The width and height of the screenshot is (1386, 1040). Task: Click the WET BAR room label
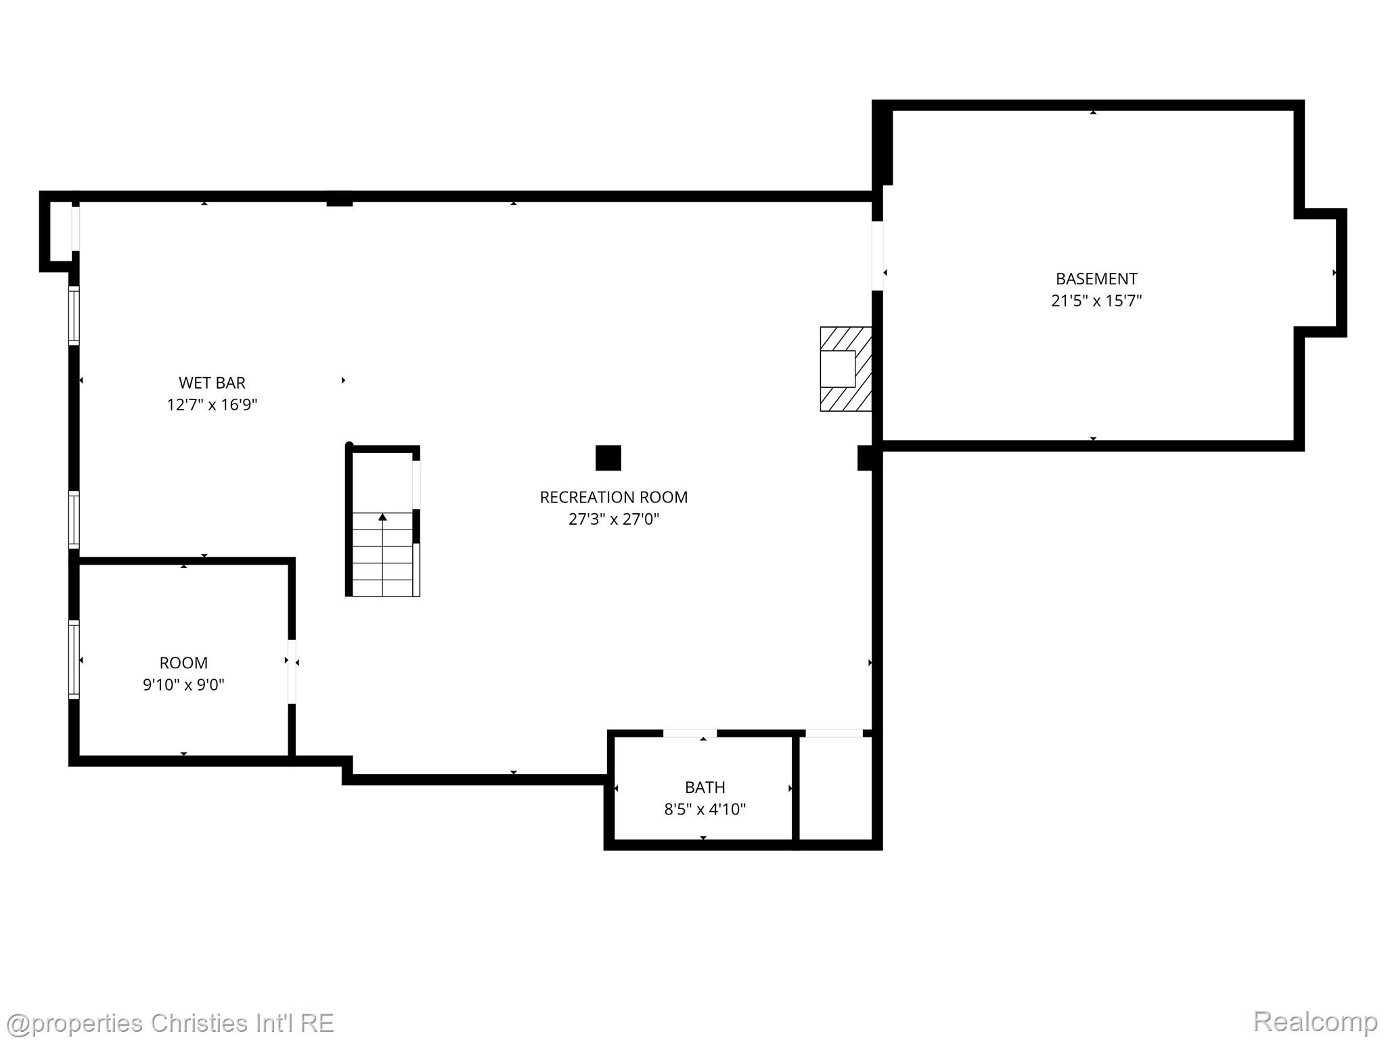(x=212, y=383)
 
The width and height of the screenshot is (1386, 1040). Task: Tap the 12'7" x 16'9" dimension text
(x=212, y=405)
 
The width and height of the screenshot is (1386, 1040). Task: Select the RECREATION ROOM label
(x=613, y=497)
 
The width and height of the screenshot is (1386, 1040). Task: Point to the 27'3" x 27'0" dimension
(x=613, y=519)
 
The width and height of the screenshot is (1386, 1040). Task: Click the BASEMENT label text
(x=1096, y=278)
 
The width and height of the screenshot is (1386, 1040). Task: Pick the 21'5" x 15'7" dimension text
(x=1096, y=301)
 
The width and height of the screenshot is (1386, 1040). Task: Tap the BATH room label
(x=705, y=787)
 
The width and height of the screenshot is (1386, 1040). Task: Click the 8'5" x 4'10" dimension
(x=705, y=809)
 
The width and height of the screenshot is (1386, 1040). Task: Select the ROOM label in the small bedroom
(x=183, y=663)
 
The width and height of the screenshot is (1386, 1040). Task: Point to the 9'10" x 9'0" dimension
(x=183, y=685)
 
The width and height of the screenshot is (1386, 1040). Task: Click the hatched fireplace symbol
(x=845, y=369)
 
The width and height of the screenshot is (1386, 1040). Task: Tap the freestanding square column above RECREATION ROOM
(x=608, y=458)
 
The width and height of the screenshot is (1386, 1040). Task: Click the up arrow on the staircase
(x=382, y=518)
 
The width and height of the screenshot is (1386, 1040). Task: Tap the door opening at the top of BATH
(x=690, y=733)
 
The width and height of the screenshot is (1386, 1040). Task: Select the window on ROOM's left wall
(x=74, y=659)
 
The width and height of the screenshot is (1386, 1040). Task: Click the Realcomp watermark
(x=1314, y=1021)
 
